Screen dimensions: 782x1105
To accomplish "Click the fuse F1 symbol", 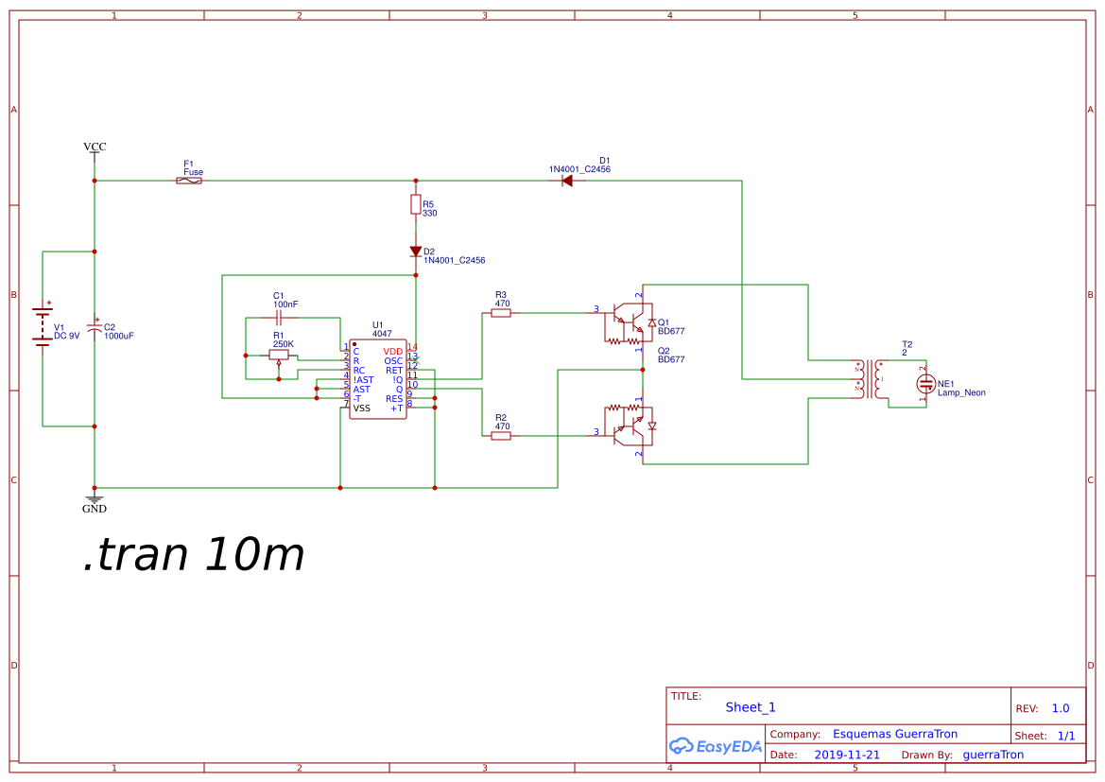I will click(x=189, y=180).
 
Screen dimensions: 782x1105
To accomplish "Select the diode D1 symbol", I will click(x=568, y=180).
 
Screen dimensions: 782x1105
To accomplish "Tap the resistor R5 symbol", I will click(x=415, y=204).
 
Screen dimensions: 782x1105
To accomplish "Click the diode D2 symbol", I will click(x=415, y=252).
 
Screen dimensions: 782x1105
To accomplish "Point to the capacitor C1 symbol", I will click(x=279, y=319).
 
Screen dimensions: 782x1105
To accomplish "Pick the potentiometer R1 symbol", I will click(x=279, y=356).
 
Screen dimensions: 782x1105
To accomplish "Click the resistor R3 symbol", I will click(x=501, y=312).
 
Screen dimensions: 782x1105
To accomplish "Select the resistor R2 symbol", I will click(x=501, y=436).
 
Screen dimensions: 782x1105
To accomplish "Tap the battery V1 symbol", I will click(x=43, y=326).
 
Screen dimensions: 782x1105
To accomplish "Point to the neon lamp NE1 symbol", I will click(x=925, y=384).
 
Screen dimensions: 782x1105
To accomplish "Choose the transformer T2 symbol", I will click(x=871, y=379).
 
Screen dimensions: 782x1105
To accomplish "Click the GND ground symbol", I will click(x=95, y=499).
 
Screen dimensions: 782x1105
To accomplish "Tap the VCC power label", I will click(x=95, y=147).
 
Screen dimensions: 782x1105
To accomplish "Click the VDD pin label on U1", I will click(x=393, y=351).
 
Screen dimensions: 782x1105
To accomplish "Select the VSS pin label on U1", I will click(x=362, y=408).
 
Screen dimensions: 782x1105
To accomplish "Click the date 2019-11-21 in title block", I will click(x=847, y=755).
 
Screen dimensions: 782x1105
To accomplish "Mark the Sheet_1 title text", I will click(x=751, y=707).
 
